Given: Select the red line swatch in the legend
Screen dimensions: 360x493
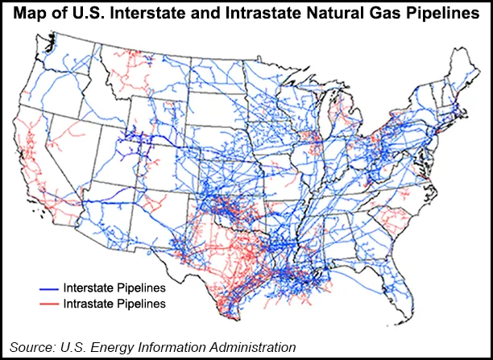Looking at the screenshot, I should (x=51, y=304).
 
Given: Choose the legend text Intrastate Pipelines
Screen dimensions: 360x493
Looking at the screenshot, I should (x=115, y=304).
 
